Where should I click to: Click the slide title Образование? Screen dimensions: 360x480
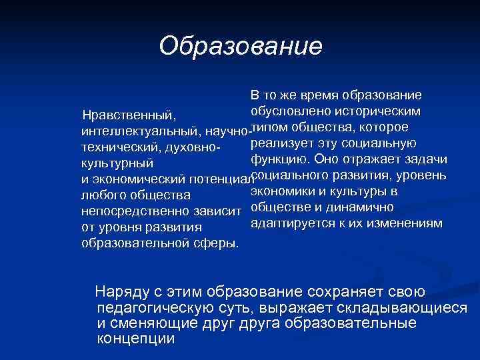tap(241, 46)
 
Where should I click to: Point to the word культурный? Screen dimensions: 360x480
tap(117, 163)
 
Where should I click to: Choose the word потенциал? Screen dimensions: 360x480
tap(219, 179)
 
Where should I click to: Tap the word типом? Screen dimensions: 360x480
tap(271, 127)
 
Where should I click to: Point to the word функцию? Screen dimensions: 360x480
tap(279, 159)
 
